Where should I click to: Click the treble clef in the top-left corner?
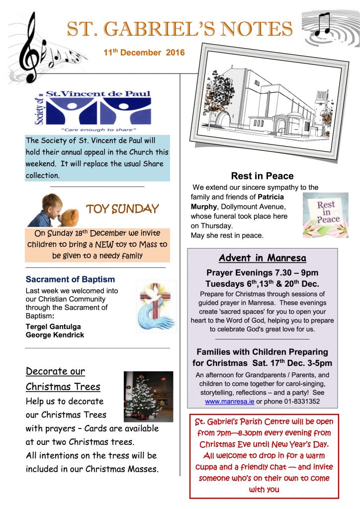pos(30,47)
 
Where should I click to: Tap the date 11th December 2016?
pos(144,53)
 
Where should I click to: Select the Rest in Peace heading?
pos(262,176)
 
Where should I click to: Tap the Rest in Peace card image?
pos(325,215)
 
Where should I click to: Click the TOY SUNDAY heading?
pos(122,209)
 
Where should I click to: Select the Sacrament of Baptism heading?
pos(70,279)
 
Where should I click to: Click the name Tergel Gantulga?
pos(53,327)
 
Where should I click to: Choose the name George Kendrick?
pos(55,335)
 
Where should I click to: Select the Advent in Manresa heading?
pos(262,258)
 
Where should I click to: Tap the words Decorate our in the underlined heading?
pos(55,371)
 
